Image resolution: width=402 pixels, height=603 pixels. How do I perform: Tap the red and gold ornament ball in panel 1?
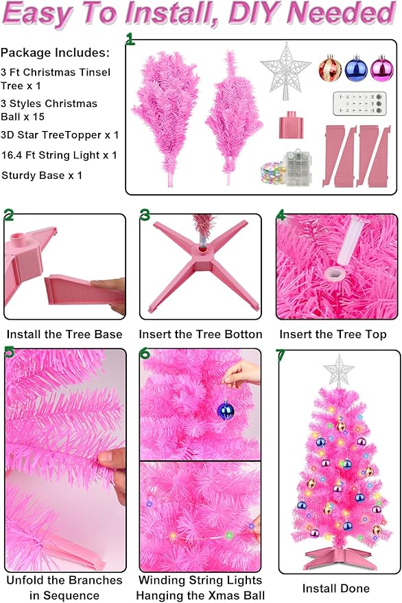point(330,69)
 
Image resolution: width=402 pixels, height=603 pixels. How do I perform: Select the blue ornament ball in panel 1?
point(355,69)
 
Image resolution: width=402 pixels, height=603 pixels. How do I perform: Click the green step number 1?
point(130,39)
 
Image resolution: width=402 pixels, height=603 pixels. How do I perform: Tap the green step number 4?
point(281,215)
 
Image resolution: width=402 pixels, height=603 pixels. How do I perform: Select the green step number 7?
point(280,356)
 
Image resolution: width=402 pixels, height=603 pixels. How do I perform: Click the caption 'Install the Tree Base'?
point(64,335)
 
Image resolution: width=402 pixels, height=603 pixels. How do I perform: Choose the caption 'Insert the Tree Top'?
point(333,335)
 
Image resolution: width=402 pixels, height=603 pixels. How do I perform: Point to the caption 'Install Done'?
point(336,588)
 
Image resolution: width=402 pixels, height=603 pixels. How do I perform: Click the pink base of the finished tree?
point(340,554)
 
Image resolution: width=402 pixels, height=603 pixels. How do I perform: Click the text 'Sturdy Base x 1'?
point(42,176)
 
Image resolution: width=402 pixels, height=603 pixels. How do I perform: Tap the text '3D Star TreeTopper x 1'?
point(60,135)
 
